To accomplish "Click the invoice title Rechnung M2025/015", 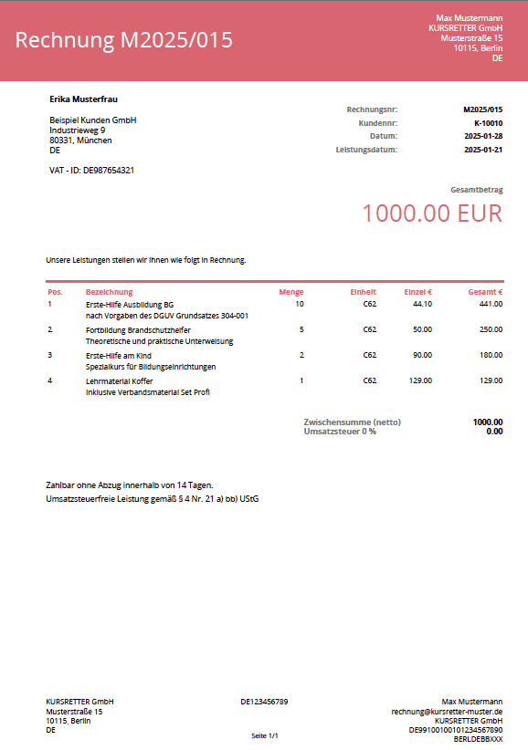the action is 124,40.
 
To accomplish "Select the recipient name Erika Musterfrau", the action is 83,99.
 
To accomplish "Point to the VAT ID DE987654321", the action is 91,170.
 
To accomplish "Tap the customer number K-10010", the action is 488,122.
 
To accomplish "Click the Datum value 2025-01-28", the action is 483,136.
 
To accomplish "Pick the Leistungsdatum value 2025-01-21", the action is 483,149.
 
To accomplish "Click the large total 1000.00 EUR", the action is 432,214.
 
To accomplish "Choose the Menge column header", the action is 291,292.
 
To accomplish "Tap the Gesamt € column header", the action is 485,292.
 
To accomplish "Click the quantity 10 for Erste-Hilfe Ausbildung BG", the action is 300,304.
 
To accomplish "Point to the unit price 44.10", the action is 422,304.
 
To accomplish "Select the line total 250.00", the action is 491,329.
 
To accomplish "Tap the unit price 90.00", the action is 422,355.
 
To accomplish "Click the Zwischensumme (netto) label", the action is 352,422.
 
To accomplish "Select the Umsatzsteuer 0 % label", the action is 340,431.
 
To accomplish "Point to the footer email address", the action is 447,711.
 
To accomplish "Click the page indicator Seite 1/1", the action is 264,735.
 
